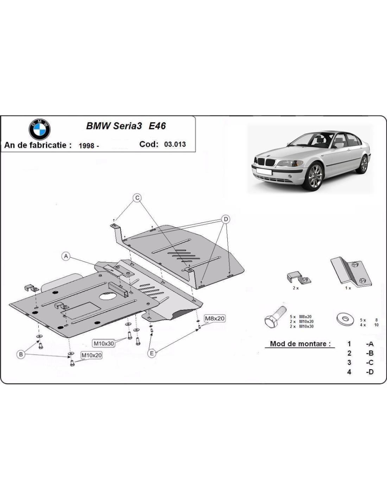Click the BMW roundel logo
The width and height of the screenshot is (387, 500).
click(40, 129)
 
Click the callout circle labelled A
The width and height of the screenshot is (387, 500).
click(66, 256)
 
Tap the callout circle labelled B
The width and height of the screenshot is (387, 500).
click(21, 354)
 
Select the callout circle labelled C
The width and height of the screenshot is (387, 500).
click(137, 198)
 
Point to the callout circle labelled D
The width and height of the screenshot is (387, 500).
click(226, 219)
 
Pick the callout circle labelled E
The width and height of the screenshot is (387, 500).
click(152, 353)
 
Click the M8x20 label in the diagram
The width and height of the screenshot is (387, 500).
click(215, 319)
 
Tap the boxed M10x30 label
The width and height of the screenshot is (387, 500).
click(104, 343)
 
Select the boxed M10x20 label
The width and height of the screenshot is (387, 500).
click(91, 355)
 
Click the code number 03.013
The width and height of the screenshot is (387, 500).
click(175, 144)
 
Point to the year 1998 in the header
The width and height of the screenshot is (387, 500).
click(86, 146)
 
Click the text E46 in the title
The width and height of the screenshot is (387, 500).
click(157, 126)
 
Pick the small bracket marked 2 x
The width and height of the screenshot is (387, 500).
click(298, 278)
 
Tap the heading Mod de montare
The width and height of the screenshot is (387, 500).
click(300, 344)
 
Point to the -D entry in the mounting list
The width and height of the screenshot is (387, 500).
click(369, 372)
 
